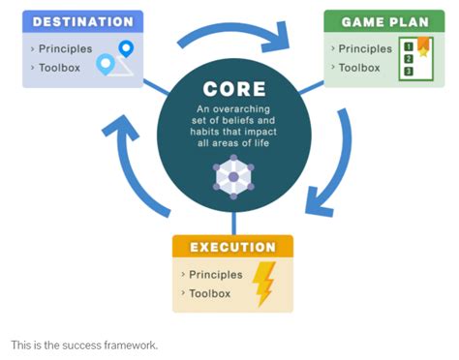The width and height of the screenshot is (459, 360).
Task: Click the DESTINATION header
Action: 82,21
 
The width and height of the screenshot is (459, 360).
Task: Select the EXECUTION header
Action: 232,246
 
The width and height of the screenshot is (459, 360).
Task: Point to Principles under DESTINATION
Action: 65,48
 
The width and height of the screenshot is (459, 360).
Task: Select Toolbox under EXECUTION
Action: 210,293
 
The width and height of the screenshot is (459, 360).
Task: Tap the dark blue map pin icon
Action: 126,48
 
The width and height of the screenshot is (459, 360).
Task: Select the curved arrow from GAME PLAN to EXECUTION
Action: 335,175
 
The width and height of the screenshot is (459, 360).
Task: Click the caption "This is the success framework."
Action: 83,345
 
